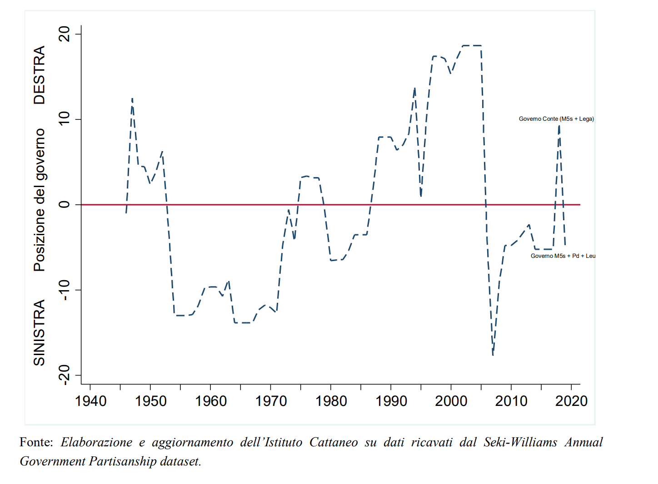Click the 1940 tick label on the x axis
click(90, 401)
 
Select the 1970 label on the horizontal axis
click(271, 401)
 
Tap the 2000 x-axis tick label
click(451, 401)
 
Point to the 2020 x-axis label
click(571, 401)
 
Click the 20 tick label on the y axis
click(65, 34)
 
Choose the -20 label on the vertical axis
click(65, 375)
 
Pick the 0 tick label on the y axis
click(65, 204)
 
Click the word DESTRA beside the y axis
click(40, 75)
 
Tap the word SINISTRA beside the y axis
click(40, 332)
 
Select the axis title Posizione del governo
click(40, 200)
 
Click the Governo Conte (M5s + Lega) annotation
click(556, 119)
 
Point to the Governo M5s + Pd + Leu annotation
click(563, 256)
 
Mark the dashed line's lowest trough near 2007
click(493, 355)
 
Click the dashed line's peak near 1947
click(132, 99)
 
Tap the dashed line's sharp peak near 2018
click(559, 125)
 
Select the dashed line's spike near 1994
click(414, 89)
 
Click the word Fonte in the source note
click(36, 442)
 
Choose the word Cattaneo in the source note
click(333, 442)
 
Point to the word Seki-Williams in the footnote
click(520, 442)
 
